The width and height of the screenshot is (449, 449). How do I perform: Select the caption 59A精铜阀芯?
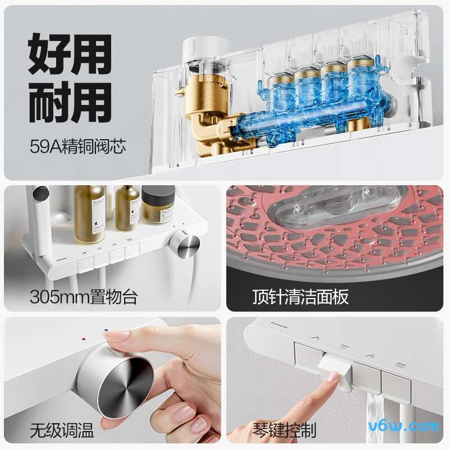click(78, 148)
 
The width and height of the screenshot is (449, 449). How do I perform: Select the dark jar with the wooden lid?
click(158, 206)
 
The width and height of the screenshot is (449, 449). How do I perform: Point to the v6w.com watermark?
click(413, 427)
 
